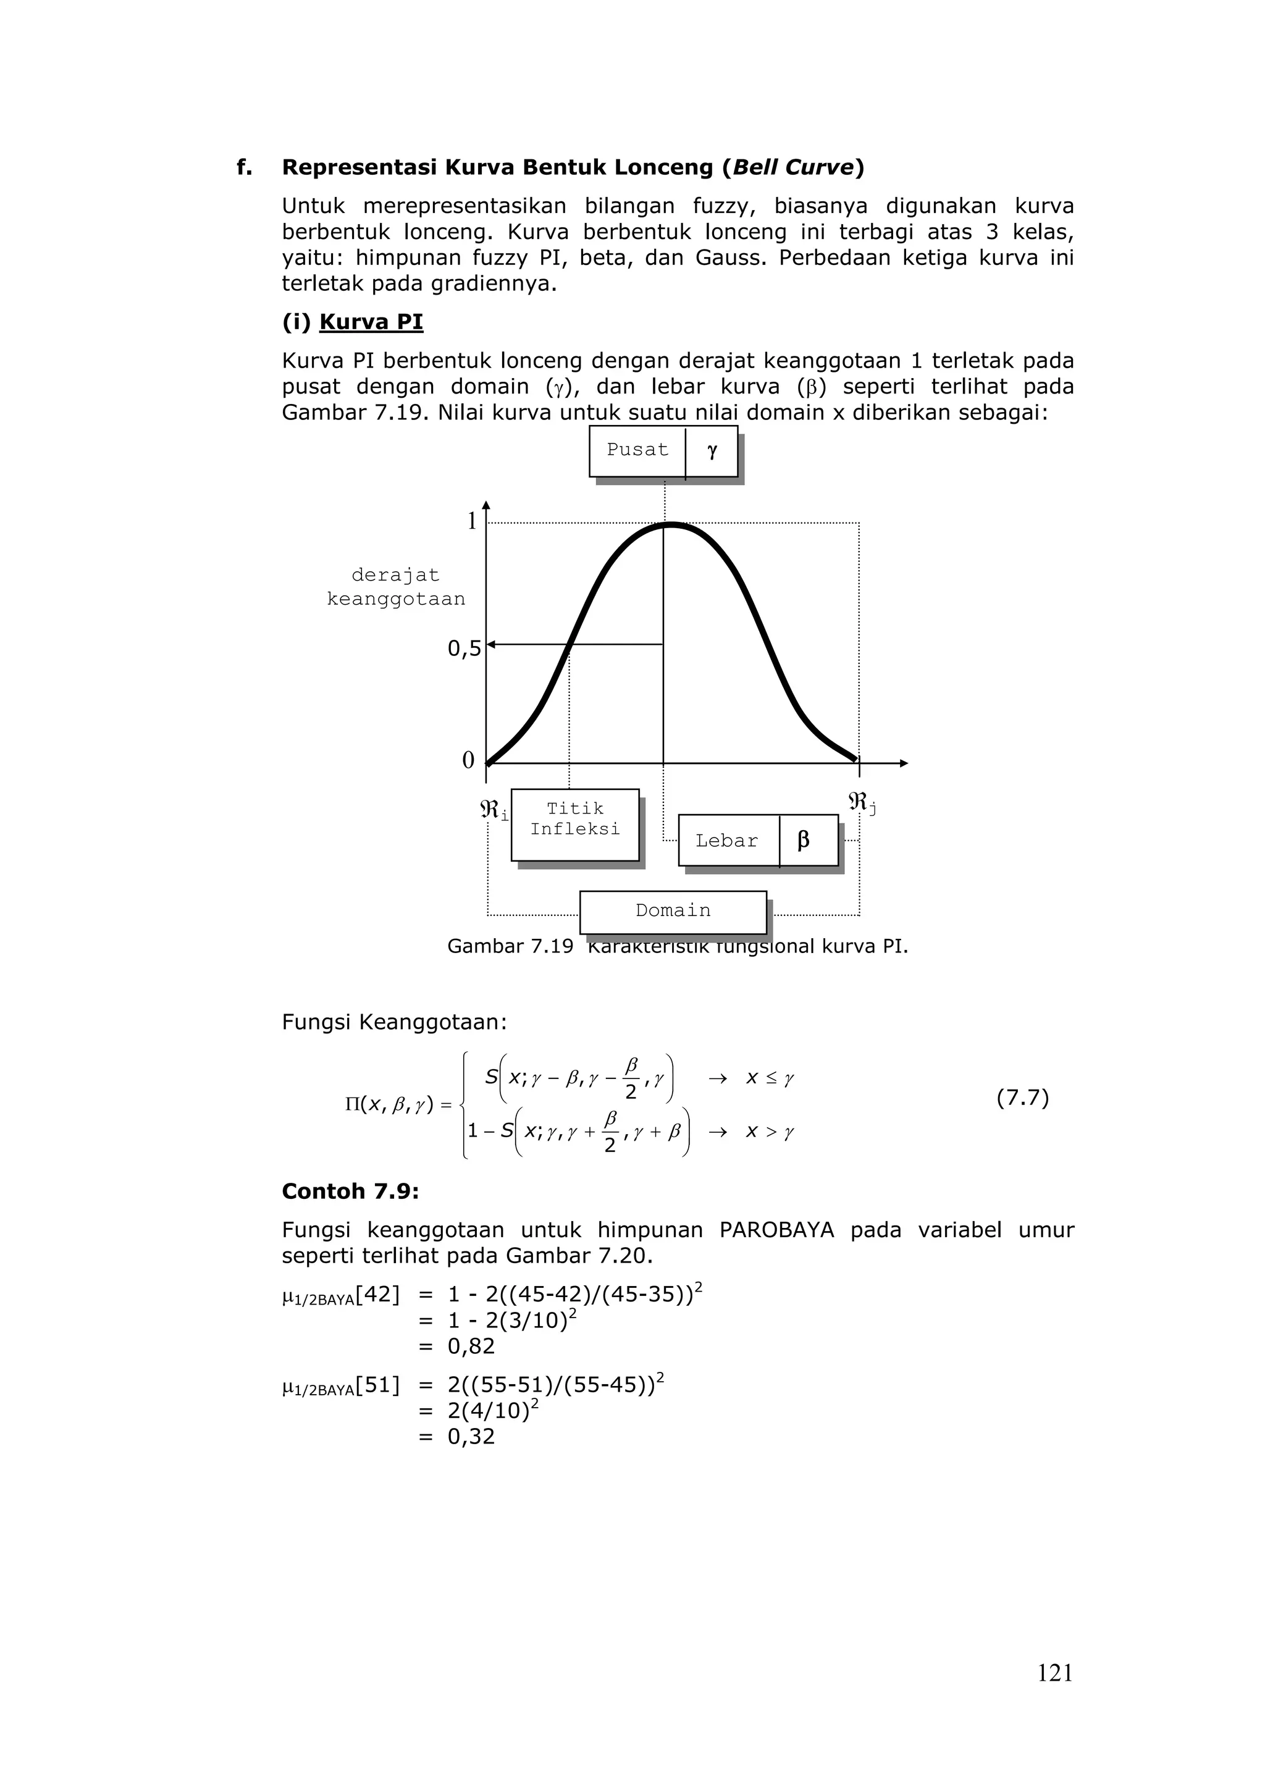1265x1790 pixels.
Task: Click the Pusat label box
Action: click(x=637, y=451)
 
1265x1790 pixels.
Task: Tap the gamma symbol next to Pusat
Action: click(x=712, y=451)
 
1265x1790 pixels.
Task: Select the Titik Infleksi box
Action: click(x=575, y=823)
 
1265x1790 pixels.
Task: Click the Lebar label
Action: click(x=726, y=841)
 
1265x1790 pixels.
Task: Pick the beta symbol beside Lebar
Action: click(x=804, y=841)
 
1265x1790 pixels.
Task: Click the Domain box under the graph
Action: click(x=673, y=910)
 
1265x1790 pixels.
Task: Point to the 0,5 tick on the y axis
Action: click(x=464, y=649)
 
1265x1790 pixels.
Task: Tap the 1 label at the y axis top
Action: click(x=471, y=521)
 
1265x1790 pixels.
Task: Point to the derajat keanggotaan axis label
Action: click(x=396, y=587)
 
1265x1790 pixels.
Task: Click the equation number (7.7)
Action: click(x=1023, y=1098)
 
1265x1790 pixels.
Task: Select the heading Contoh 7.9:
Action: click(x=350, y=1191)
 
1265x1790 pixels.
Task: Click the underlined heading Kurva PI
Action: click(x=371, y=322)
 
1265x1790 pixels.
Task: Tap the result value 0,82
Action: click(x=471, y=1347)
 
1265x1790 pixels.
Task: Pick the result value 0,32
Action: click(x=471, y=1437)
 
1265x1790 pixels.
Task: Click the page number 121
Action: click(x=1054, y=1673)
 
